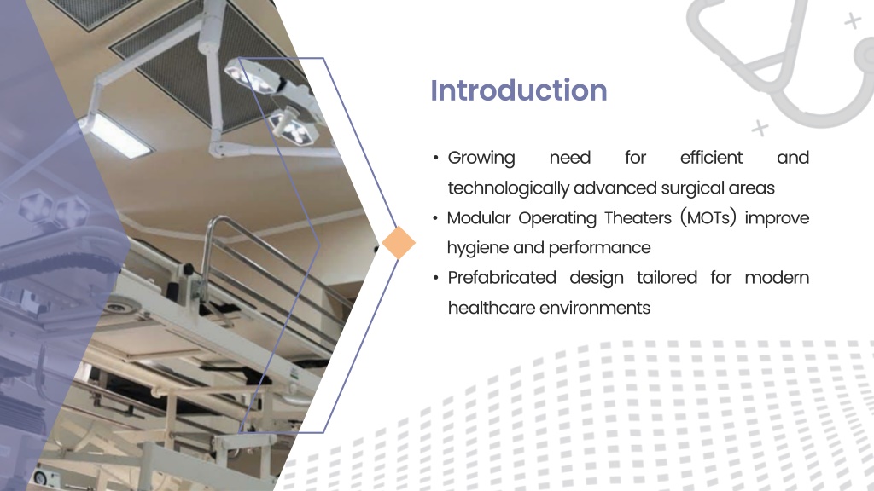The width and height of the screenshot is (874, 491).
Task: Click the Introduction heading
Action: coord(518,90)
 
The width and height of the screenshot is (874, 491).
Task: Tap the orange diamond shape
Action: coord(399,243)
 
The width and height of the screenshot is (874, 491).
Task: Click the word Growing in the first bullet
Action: coord(481,158)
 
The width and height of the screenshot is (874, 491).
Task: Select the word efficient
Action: coord(711,158)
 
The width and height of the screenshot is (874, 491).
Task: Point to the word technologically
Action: coord(509,188)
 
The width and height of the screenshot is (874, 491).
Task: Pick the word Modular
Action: coord(479,217)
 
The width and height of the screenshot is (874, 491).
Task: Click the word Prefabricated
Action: coord(502,277)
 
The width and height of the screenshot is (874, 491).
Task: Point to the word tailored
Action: coord(667,277)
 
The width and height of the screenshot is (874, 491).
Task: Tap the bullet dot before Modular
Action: coord(435,218)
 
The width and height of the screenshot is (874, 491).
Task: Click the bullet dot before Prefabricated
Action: coord(435,278)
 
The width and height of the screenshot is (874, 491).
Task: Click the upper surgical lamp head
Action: coord(252,76)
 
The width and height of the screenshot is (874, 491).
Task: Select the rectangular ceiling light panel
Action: coord(116,134)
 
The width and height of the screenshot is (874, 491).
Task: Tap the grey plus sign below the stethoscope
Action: coord(760,128)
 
